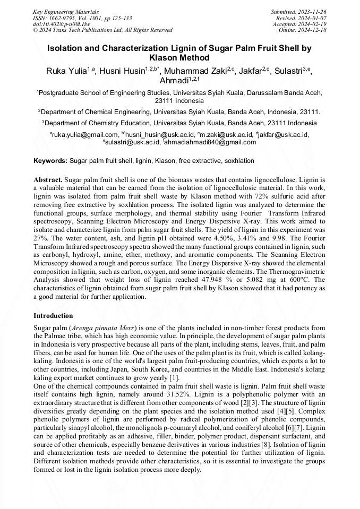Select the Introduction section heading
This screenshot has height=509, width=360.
tap(53, 316)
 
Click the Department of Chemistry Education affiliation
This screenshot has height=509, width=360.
tap(179, 123)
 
